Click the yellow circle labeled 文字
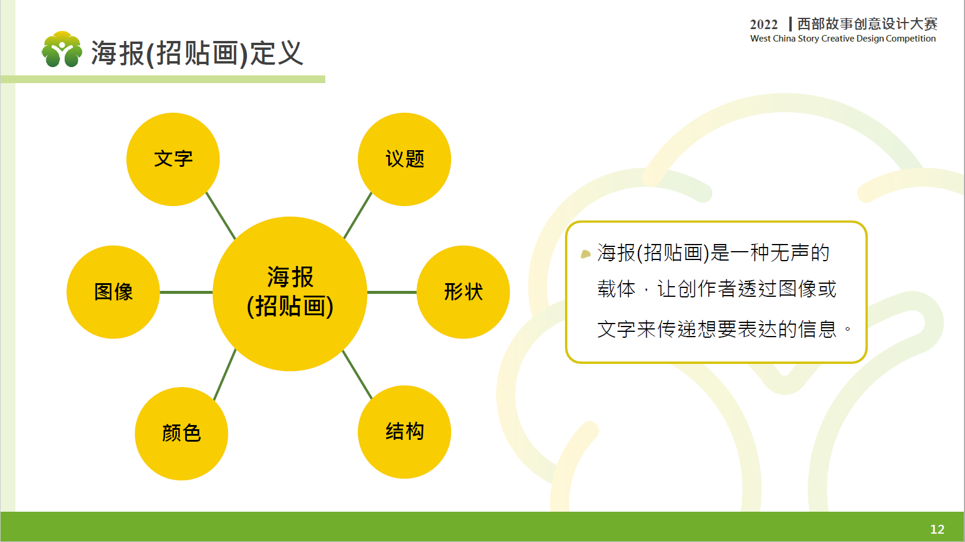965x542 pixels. (x=173, y=159)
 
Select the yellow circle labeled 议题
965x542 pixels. (x=404, y=159)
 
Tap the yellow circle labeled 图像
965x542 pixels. (x=113, y=291)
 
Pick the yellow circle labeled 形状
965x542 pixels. (x=463, y=291)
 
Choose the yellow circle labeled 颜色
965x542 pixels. (x=182, y=433)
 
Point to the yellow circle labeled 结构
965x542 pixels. (x=404, y=432)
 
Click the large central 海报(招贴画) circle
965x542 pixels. (x=290, y=293)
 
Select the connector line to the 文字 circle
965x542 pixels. (x=221, y=215)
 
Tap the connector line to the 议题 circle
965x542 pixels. (x=357, y=215)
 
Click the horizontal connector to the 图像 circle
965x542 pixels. (x=186, y=292)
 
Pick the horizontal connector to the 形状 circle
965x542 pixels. (x=392, y=292)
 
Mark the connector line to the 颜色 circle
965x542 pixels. (x=225, y=375)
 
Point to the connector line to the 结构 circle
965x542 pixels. (x=357, y=375)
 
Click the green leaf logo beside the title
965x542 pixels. (x=62, y=49)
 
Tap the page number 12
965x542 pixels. (x=937, y=529)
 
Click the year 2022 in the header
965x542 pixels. (x=763, y=24)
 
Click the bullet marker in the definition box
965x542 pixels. (x=585, y=253)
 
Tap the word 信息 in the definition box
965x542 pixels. (x=817, y=329)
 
